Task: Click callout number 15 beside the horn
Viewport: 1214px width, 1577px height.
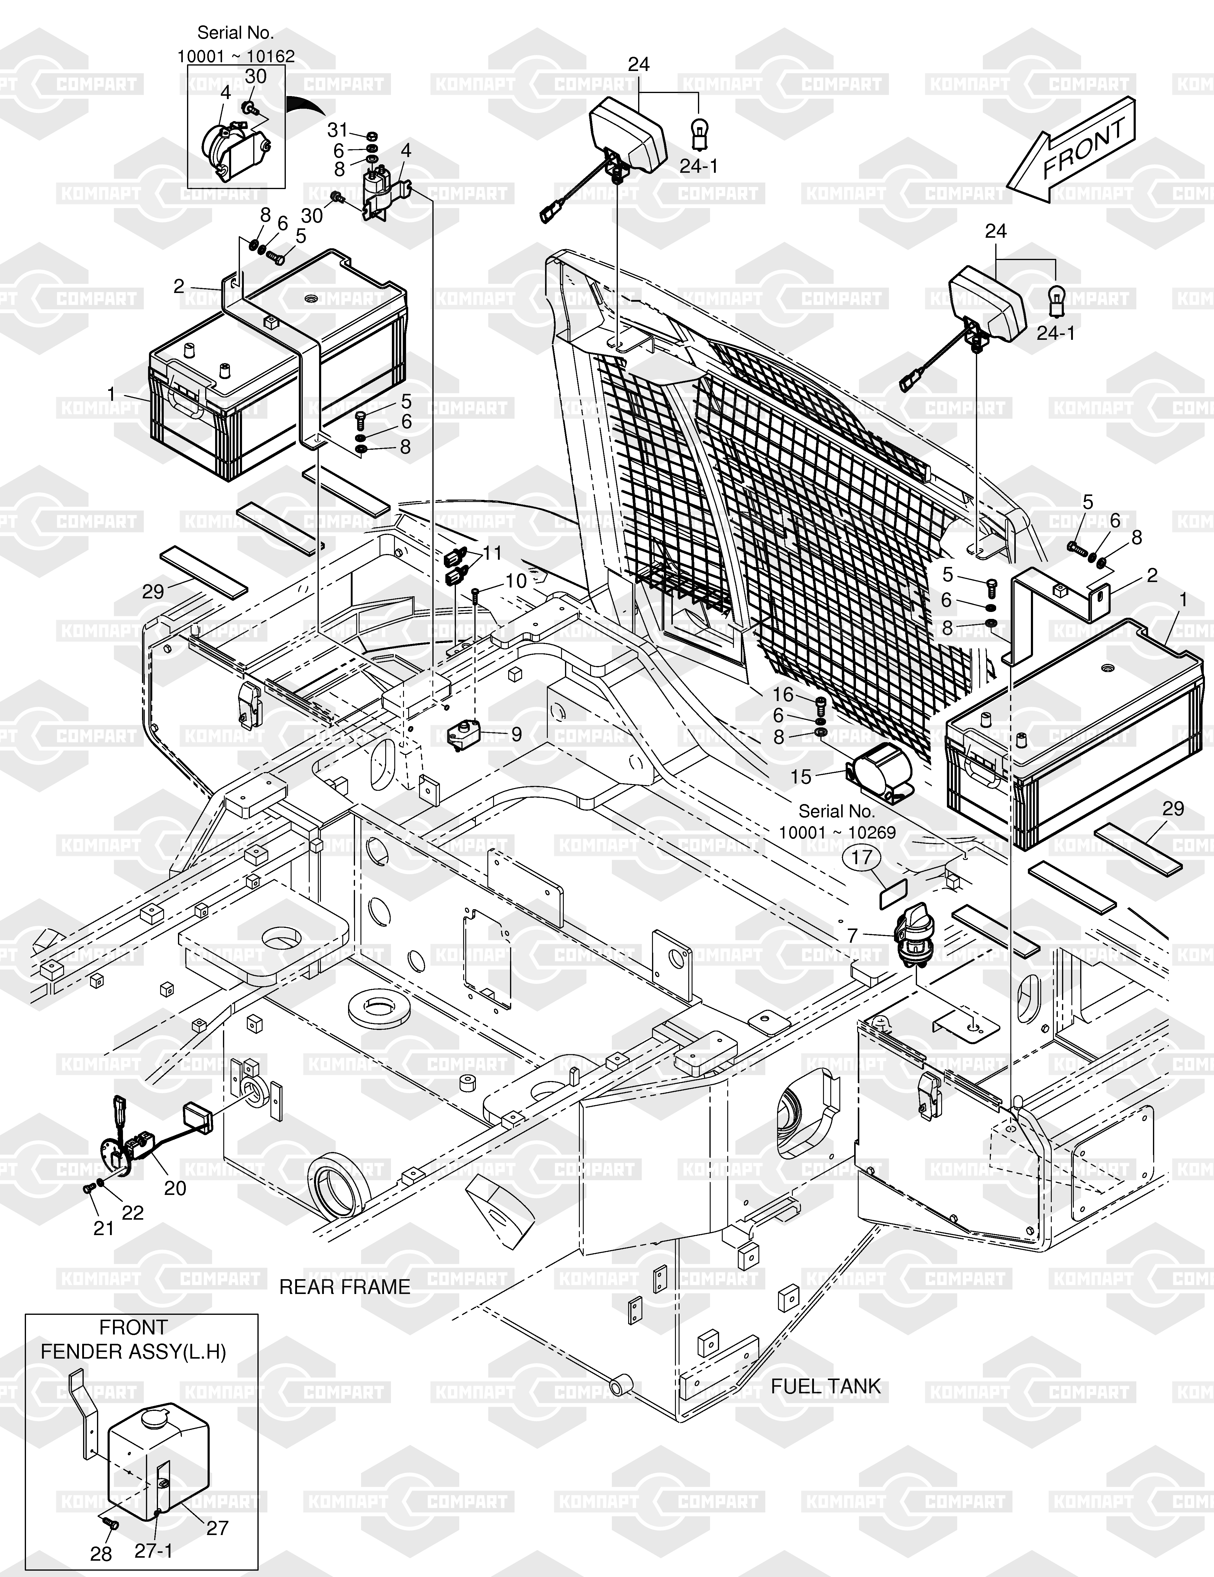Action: (x=801, y=777)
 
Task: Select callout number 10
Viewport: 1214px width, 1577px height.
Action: (x=516, y=581)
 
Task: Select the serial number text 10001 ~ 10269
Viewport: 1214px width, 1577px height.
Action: (x=836, y=832)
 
